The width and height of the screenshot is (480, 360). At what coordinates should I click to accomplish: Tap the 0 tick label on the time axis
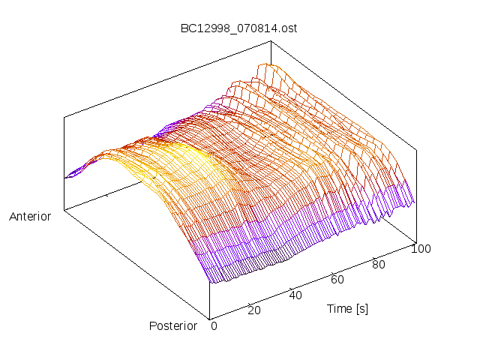click(x=214, y=325)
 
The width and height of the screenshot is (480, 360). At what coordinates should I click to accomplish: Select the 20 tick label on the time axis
click(x=253, y=310)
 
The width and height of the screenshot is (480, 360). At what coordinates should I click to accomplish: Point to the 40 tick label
click(x=295, y=295)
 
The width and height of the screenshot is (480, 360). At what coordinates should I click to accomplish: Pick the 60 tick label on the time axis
click(x=337, y=280)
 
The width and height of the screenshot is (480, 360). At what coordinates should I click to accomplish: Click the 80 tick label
click(x=379, y=264)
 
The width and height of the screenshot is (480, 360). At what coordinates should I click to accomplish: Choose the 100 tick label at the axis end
click(x=421, y=249)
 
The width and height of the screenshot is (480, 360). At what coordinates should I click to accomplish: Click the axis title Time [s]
click(x=347, y=308)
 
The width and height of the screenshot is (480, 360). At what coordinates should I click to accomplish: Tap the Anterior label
click(x=30, y=217)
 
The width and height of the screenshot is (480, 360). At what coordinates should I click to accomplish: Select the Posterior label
click(x=173, y=325)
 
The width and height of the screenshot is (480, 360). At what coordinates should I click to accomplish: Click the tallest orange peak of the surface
click(x=264, y=67)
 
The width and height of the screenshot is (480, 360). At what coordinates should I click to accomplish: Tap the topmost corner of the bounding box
click(x=271, y=41)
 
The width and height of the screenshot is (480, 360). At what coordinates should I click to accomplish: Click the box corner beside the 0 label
click(x=210, y=318)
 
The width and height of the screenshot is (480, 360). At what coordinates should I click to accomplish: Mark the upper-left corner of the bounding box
click(x=64, y=117)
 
